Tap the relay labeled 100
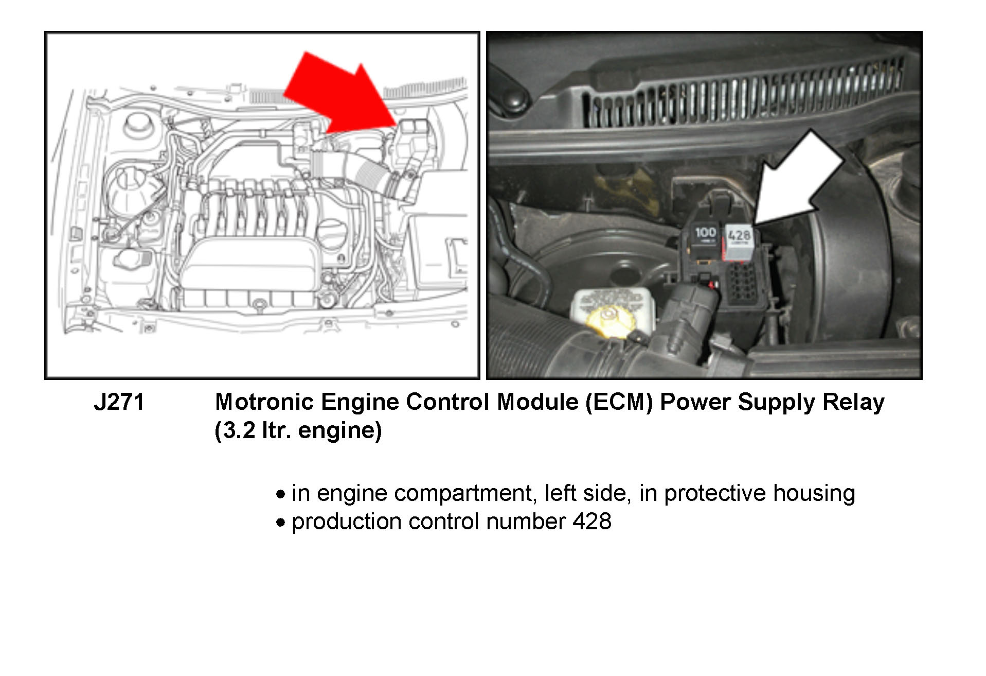pyautogui.click(x=705, y=239)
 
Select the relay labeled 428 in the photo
pyautogui.click(x=739, y=241)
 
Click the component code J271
pyautogui.click(x=119, y=402)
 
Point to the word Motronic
pyautogui.click(x=264, y=402)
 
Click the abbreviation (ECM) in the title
pyautogui.click(x=619, y=402)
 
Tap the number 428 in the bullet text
pyautogui.click(x=592, y=522)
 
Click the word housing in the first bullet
pyautogui.click(x=814, y=494)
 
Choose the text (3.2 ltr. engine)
pyautogui.click(x=298, y=430)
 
